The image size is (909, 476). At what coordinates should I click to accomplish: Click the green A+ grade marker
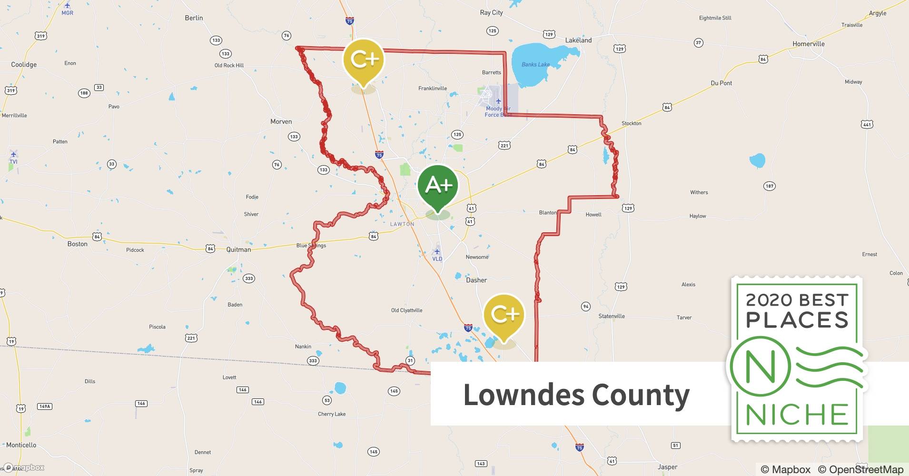pyautogui.click(x=437, y=185)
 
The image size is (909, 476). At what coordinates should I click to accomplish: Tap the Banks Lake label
pyautogui.click(x=535, y=65)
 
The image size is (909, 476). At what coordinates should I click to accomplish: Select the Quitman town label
pyautogui.click(x=238, y=249)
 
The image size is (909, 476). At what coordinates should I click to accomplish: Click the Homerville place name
pyautogui.click(x=808, y=44)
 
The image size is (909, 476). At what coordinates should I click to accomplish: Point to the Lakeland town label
pyautogui.click(x=578, y=40)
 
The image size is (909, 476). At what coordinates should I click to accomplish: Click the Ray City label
pyautogui.click(x=491, y=12)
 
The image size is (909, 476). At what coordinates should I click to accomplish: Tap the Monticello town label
pyautogui.click(x=21, y=445)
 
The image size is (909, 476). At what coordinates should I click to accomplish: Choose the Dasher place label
pyautogui.click(x=476, y=280)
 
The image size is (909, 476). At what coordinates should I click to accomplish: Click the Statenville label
pyautogui.click(x=611, y=316)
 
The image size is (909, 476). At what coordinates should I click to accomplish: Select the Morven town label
pyautogui.click(x=281, y=122)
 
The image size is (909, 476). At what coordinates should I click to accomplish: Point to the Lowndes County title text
pyautogui.click(x=576, y=395)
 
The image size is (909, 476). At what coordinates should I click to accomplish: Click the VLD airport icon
pyautogui.click(x=437, y=251)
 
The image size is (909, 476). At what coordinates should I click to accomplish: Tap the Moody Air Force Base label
pyautogui.click(x=498, y=111)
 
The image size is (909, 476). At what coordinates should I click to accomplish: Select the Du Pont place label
pyautogui.click(x=721, y=83)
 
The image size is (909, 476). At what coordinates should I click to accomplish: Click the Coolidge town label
pyautogui.click(x=24, y=65)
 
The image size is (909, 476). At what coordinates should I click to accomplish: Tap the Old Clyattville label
pyautogui.click(x=406, y=310)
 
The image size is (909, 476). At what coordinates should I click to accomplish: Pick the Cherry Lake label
pyautogui.click(x=332, y=414)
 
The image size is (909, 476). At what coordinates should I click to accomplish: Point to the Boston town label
pyautogui.click(x=77, y=244)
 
